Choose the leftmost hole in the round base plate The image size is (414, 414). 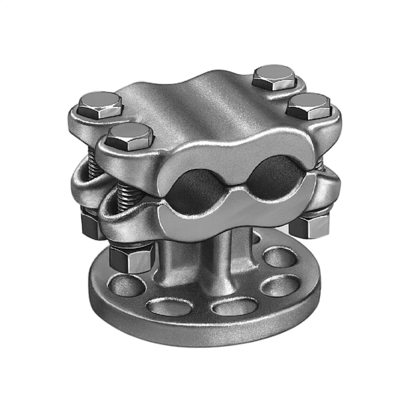point(121,286)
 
